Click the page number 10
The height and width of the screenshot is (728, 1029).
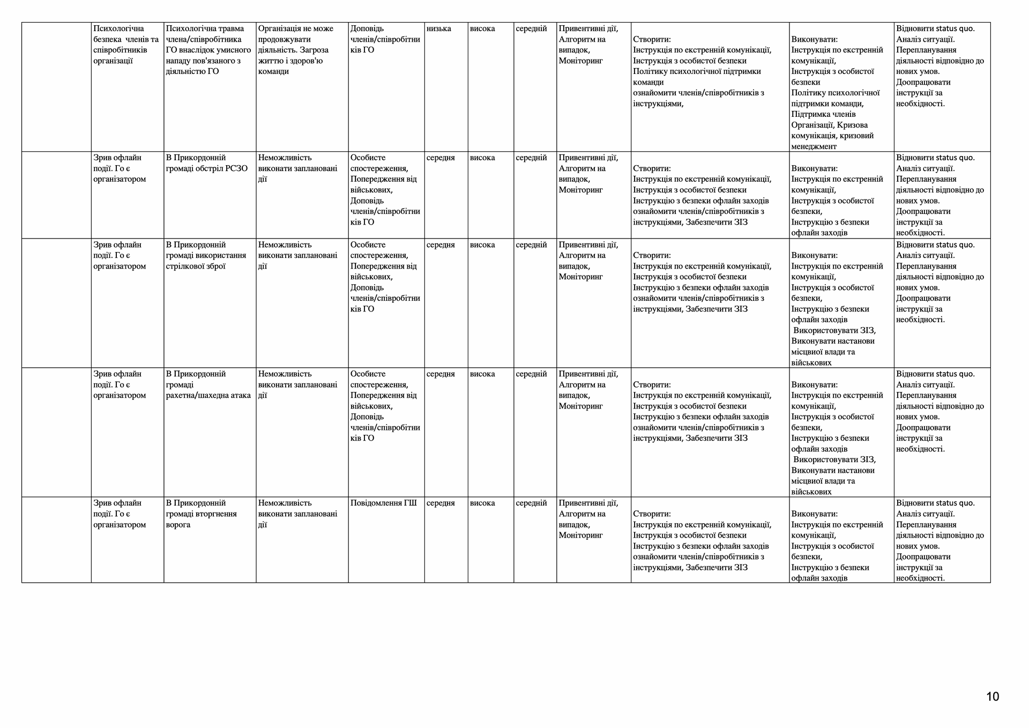992,696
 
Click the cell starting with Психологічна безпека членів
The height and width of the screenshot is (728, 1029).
126,44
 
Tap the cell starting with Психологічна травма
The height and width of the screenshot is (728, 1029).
209,50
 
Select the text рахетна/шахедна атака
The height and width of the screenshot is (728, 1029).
208,395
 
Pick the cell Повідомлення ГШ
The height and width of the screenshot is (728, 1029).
383,503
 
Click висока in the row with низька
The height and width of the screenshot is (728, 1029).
482,28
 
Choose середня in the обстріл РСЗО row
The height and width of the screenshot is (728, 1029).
441,158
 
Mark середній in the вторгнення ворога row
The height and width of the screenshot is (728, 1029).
531,503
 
